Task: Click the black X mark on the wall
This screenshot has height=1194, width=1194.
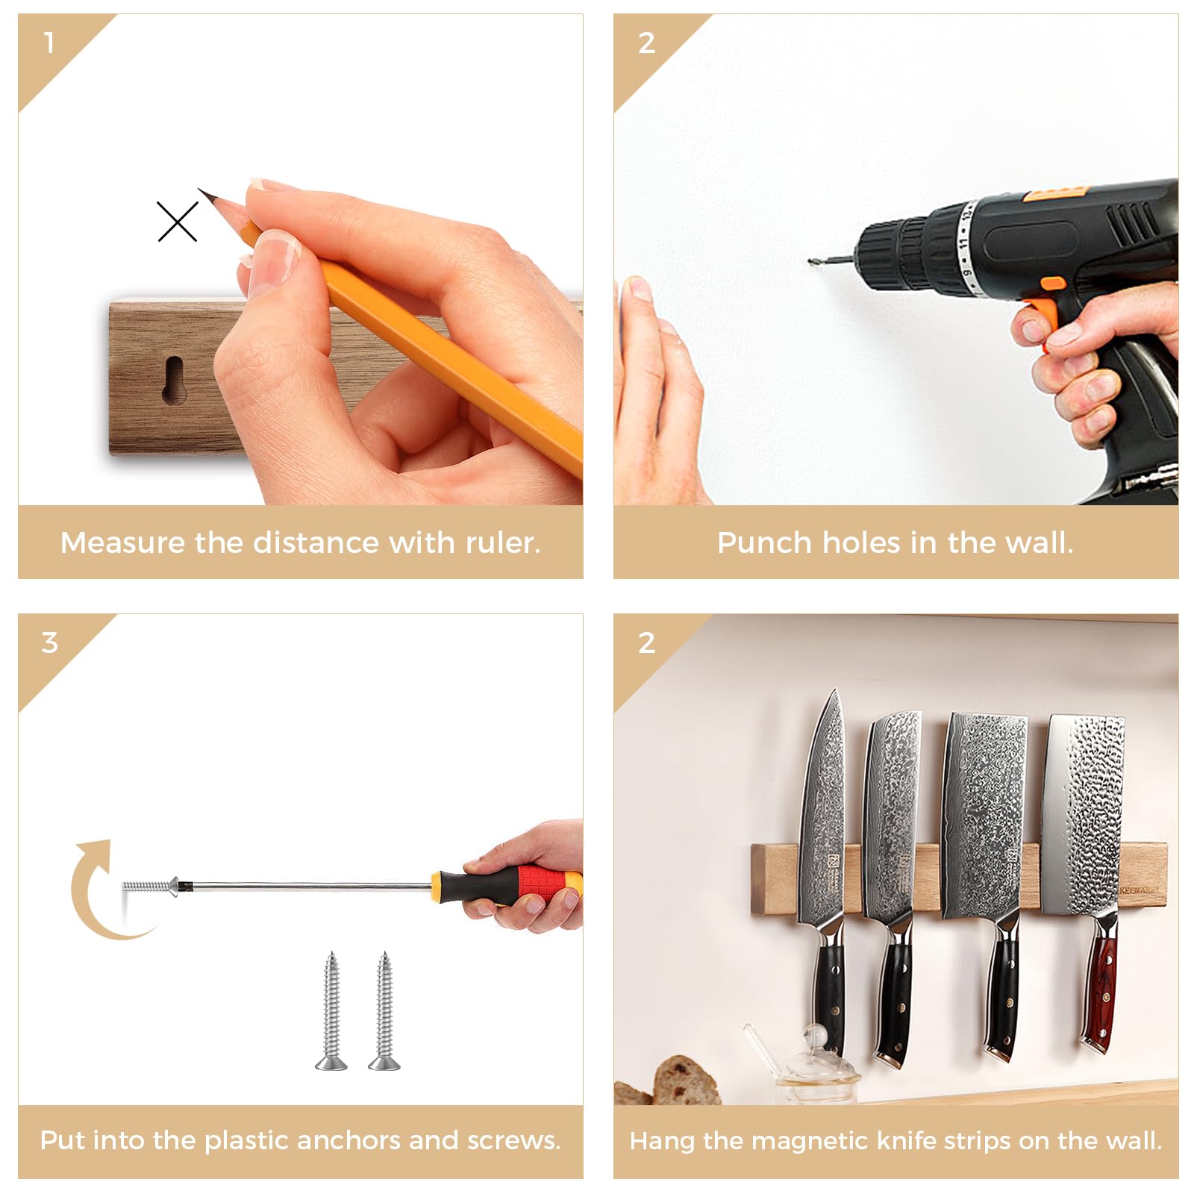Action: coord(178,222)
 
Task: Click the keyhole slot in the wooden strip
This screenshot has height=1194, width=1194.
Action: coord(173,381)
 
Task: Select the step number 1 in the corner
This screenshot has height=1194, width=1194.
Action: coord(49,43)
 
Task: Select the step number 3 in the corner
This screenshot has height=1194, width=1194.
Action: coord(49,643)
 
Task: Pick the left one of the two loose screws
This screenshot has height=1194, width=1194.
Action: coord(331,1010)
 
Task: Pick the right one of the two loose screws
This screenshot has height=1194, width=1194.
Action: coord(384,1010)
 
